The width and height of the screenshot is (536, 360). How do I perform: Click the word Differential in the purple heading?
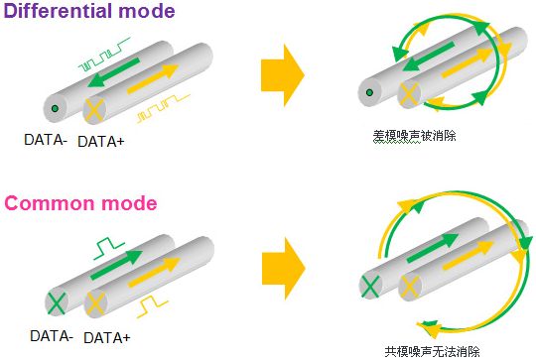pos(59,11)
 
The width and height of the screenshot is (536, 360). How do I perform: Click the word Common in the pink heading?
pos(50,203)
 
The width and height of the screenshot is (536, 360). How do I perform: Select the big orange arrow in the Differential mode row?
pos(283,75)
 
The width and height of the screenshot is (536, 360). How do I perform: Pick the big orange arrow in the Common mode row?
pos(283,269)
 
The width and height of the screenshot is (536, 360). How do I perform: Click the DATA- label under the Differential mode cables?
pos(46,140)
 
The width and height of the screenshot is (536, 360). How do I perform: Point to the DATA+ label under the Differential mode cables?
pos(101,142)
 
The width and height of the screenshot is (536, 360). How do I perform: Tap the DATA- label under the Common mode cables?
pos(52,336)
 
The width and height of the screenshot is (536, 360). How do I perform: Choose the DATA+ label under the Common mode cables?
pos(107,338)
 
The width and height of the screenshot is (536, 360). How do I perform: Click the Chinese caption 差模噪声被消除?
pos(414,136)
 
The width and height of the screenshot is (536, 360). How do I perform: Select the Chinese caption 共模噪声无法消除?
pos(433,352)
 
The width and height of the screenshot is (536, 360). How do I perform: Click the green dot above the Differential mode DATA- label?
pos(55,109)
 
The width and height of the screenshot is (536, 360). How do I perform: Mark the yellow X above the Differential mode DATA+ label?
pos(94,110)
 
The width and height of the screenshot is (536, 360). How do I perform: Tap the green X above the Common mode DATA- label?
pos(56,302)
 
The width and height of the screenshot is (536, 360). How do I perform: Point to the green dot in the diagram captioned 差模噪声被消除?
pos(369,92)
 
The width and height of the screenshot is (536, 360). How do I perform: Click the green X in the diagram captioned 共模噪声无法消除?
pos(370,287)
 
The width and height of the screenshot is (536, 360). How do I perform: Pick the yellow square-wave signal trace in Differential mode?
pos(164,108)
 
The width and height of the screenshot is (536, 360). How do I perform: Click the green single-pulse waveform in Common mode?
pos(109,248)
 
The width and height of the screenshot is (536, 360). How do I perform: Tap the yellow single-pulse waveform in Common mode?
pos(153,306)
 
